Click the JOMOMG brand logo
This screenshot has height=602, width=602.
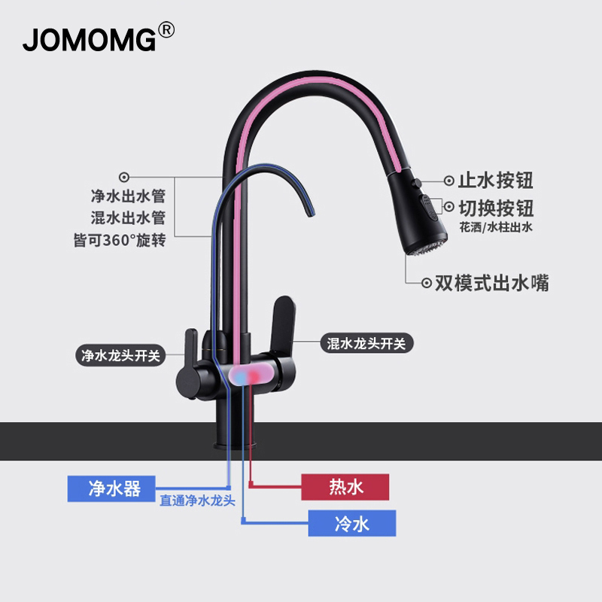pyautogui.click(x=89, y=38)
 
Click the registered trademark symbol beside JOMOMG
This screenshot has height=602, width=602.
pyautogui.click(x=166, y=30)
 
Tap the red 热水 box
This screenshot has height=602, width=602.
pyautogui.click(x=345, y=487)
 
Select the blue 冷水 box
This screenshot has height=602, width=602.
pyautogui.click(x=351, y=523)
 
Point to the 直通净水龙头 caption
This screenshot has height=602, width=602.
pyautogui.click(x=198, y=500)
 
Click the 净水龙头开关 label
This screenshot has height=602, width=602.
pyautogui.click(x=120, y=354)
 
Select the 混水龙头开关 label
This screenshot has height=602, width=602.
pyautogui.click(x=367, y=344)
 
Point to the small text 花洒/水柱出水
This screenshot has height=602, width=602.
pyautogui.click(x=496, y=227)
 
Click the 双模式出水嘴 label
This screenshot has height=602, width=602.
pyautogui.click(x=496, y=283)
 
